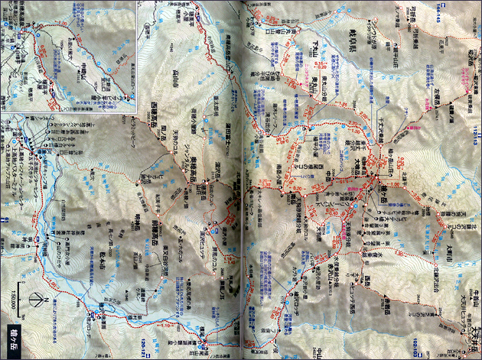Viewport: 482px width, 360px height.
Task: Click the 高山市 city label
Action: click(x=191, y=99)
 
